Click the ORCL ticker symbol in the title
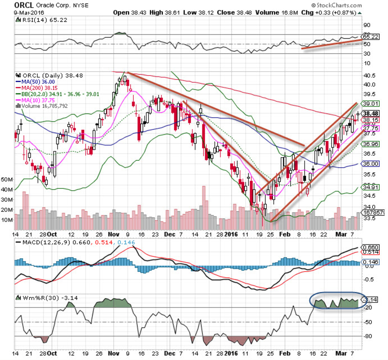(x=24, y=5)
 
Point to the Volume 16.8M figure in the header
(x=267, y=13)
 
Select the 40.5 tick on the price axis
(x=369, y=75)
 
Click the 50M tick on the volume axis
(x=7, y=179)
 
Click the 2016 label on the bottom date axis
(x=231, y=354)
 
